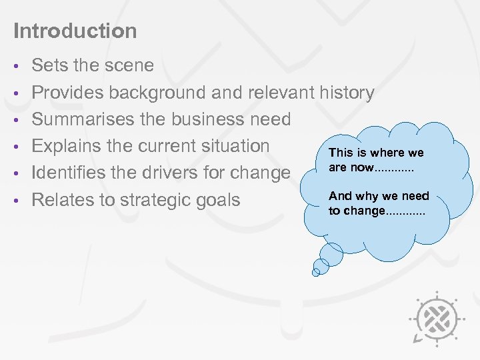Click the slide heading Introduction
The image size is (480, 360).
pos(75,31)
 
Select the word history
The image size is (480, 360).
pos(347,93)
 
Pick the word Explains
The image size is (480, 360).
pos(69,146)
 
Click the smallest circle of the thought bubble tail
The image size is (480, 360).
pos(317,271)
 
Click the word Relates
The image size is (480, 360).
pos(63,200)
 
